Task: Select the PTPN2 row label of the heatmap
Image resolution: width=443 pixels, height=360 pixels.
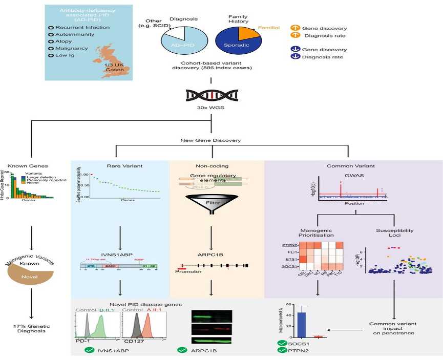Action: (x=290, y=245)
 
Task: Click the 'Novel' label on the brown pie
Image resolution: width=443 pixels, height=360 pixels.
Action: (x=29, y=277)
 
